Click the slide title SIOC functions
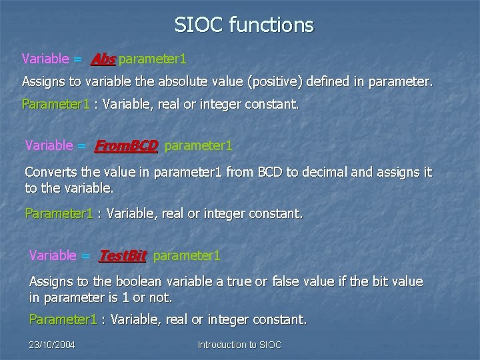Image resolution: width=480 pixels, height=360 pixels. [243, 25]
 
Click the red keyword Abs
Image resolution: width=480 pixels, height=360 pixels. [103, 59]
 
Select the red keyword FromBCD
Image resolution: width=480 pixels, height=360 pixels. [126, 145]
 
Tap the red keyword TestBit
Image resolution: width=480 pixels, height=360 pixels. [122, 255]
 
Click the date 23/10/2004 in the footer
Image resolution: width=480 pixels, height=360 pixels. [52, 345]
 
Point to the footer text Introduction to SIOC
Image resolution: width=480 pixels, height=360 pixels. [239, 345]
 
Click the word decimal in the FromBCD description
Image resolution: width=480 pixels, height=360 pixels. [325, 173]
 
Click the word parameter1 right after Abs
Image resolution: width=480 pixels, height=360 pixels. [152, 59]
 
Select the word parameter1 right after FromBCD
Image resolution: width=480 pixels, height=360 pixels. [198, 145]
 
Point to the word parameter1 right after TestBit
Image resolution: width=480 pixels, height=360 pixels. [187, 255]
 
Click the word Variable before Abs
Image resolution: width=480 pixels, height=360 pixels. [45, 59]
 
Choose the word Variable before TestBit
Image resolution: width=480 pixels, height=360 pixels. [53, 255]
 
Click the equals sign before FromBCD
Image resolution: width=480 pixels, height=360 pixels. [81, 145]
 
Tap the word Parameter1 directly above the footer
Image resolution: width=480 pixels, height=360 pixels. [63, 320]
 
